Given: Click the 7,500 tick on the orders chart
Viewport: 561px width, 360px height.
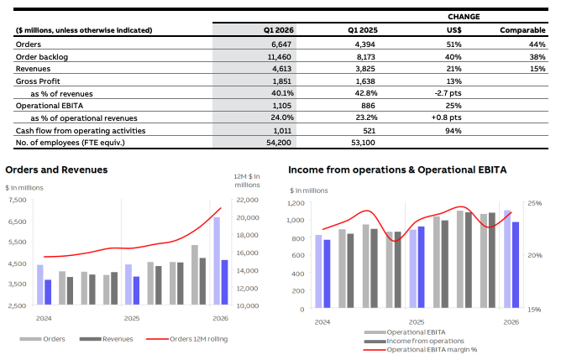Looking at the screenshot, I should click(x=17, y=200).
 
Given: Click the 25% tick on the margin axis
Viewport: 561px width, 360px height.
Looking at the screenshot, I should click(x=535, y=204).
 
